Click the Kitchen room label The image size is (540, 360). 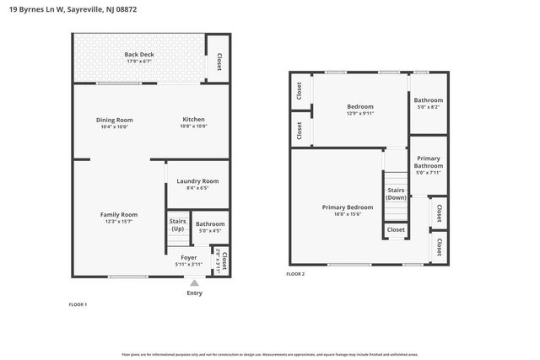tap(193, 120)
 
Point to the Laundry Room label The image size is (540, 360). tap(197, 180)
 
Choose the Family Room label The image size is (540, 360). tap(118, 214)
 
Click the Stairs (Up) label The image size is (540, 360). tap(178, 225)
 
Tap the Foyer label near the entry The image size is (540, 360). tap(189, 257)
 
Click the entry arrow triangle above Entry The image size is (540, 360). tap(194, 283)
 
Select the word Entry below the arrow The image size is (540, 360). tap(194, 293)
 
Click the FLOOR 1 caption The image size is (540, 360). tap(77, 304)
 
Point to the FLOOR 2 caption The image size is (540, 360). tap(295, 274)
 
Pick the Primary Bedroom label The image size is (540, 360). tap(347, 207)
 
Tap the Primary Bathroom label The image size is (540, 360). tap(428, 162)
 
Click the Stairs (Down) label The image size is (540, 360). tap(396, 194)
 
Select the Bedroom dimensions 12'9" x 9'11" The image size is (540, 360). tap(360, 114)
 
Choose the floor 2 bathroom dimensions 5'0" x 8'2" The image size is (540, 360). tap(428, 107)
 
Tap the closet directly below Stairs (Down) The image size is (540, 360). tap(396, 229)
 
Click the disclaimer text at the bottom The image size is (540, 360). tap(269, 354)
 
